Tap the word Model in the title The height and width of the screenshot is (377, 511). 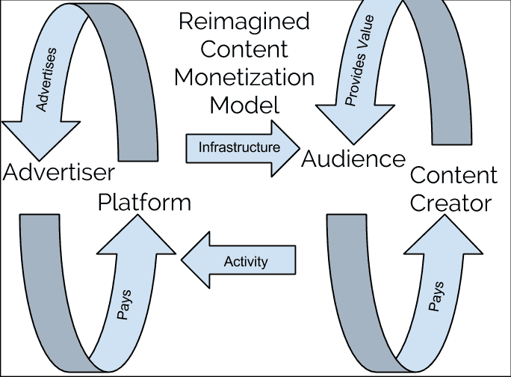pos(245,104)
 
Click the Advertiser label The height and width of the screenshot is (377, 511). pos(58,173)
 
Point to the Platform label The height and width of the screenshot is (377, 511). pos(144,202)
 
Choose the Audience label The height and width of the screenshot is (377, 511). pos(353,159)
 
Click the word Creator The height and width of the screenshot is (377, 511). pos(452,203)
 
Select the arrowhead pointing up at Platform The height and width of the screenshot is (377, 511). pos(134,233)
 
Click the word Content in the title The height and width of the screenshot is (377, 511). pos(245,49)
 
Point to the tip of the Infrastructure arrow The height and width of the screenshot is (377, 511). pos(295,147)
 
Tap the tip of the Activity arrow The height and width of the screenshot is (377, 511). pos(183,262)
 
